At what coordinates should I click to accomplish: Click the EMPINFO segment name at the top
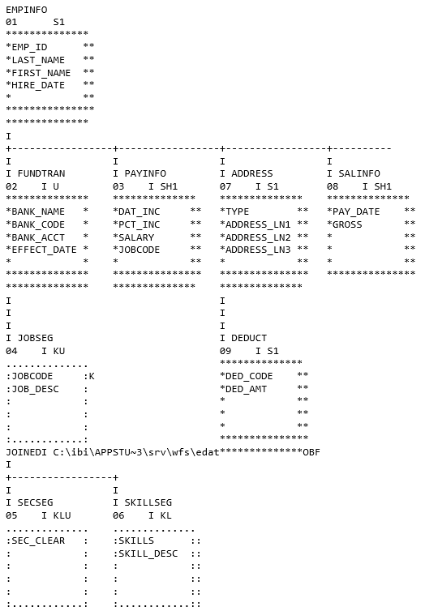27,10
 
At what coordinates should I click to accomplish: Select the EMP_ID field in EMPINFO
30,47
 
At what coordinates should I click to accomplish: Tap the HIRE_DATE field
38,85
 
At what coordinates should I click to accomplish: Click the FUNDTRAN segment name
41,173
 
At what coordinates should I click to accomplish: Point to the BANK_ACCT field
38,237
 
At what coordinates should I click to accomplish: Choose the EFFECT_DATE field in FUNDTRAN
44,250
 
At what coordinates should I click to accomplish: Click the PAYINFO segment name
145,173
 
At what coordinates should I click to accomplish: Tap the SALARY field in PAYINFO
136,237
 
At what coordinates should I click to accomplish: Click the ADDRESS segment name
252,173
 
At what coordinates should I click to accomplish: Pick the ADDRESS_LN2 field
258,237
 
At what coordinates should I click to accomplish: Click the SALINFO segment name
359,173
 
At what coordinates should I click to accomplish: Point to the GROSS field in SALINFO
347,224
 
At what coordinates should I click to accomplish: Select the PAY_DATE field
356,212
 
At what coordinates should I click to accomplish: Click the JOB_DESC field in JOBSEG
36,389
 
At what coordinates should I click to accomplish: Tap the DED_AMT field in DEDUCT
247,389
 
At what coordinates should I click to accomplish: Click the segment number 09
225,351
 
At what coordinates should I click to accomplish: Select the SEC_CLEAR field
38,540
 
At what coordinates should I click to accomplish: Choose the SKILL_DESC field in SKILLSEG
148,553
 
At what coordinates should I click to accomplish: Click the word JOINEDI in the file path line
27,452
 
